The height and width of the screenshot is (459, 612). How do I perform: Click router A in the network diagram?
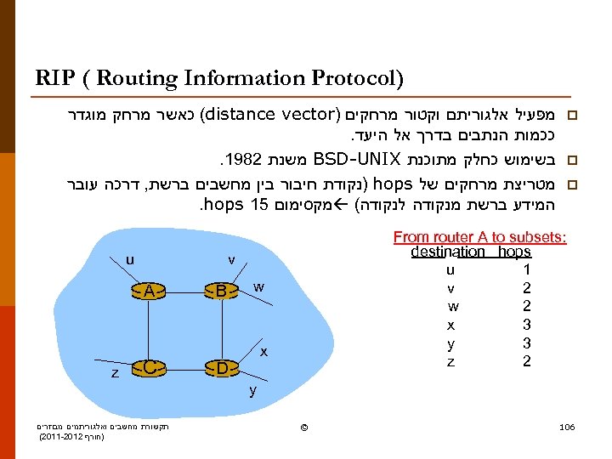click(x=149, y=291)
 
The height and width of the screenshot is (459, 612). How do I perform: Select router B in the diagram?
click(x=220, y=291)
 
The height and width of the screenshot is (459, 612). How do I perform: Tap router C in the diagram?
click(x=149, y=368)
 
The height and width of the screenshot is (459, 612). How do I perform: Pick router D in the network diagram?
click(x=220, y=368)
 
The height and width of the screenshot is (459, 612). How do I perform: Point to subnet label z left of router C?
click(x=115, y=373)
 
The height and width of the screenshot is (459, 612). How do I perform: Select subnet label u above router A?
click(x=129, y=259)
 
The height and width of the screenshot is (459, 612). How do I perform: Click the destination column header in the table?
click(x=447, y=252)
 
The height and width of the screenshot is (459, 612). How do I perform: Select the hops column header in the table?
click(x=515, y=252)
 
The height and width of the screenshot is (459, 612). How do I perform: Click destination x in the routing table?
click(x=450, y=325)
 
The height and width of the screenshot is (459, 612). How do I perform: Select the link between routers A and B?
click(x=184, y=291)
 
